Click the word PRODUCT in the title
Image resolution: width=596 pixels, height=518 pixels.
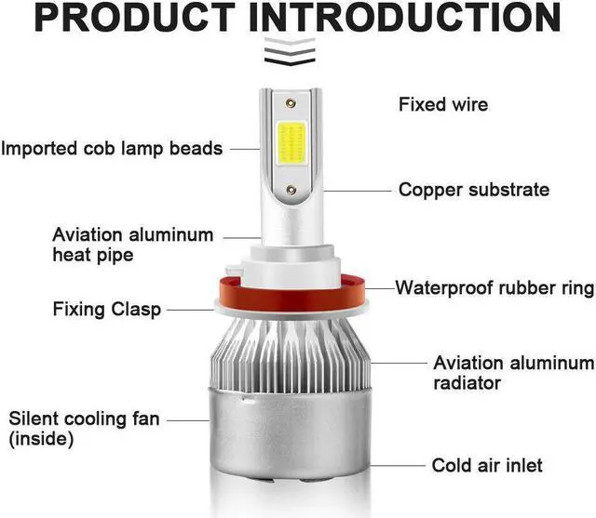pos(132,18)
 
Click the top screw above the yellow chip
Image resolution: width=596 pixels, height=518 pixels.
pos(291,104)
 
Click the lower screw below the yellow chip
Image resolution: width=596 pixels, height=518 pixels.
pos(291,189)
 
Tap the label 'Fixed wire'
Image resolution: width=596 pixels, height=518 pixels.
pos(442,104)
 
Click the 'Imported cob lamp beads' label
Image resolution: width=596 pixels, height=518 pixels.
pos(112,148)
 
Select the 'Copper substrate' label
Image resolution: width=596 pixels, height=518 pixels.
pos(473,190)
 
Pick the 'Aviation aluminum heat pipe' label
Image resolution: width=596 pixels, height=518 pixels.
pos(132,244)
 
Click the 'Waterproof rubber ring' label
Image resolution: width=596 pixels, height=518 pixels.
pos(494,287)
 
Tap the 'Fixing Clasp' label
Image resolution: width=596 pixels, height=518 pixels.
pos(107,309)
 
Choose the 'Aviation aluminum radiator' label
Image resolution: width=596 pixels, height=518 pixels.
pos(513,372)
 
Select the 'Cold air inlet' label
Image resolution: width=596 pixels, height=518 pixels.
pos(486,465)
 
